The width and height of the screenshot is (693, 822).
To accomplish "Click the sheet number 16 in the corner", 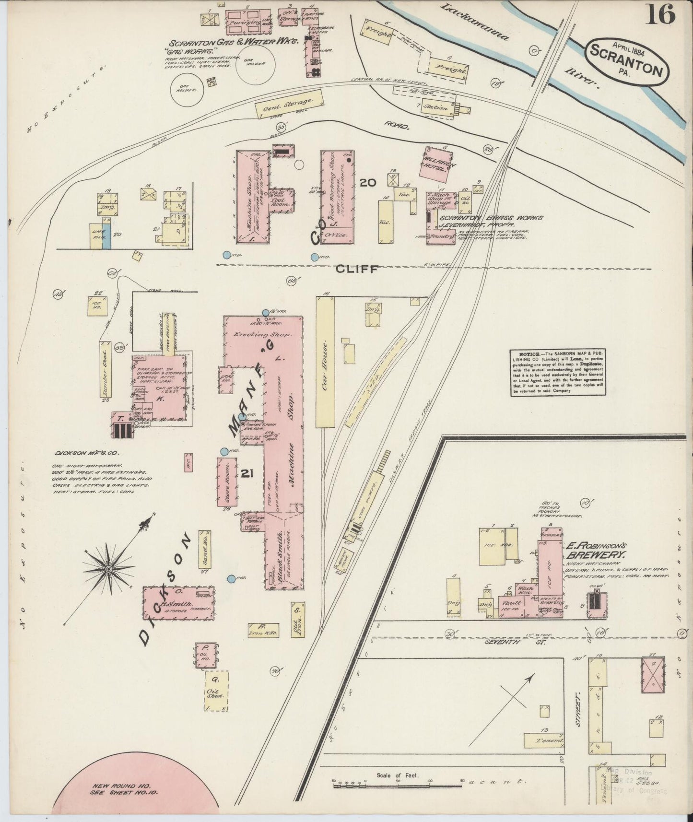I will click(660, 14).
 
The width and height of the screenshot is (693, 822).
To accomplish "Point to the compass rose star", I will click(109, 569).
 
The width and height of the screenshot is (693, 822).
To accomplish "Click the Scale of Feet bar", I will click(398, 783).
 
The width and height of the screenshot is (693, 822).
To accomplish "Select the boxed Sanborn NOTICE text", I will click(556, 373).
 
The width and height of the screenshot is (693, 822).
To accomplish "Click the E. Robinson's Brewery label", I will click(596, 550).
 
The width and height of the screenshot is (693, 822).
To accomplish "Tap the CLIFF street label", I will click(357, 269).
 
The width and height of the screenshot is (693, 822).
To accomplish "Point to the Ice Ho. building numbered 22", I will click(97, 305).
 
